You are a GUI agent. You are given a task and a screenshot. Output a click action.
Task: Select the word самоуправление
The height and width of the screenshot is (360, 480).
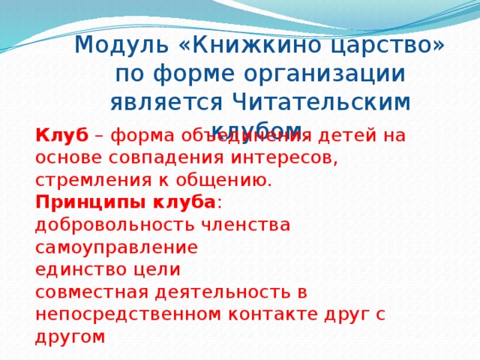pyautogui.click(x=116, y=247)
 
